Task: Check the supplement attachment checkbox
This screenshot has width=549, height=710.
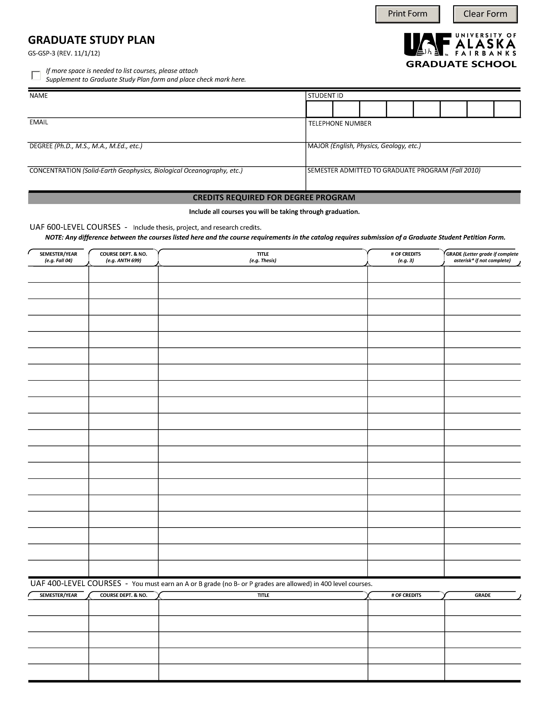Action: pyautogui.click(x=36, y=75)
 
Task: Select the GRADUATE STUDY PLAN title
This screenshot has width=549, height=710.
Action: pyautogui.click(x=91, y=40)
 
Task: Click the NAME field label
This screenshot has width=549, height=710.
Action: pyautogui.click(x=39, y=96)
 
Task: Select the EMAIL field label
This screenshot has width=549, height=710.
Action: pyautogui.click(x=39, y=122)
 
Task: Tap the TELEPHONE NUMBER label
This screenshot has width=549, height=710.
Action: pyautogui.click(x=339, y=123)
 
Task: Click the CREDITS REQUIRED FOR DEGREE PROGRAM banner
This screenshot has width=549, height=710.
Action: pyautogui.click(x=274, y=198)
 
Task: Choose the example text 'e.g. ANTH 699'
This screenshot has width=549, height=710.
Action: pyautogui.click(x=124, y=260)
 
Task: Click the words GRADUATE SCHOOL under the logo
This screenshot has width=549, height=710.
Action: pyautogui.click(x=461, y=64)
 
